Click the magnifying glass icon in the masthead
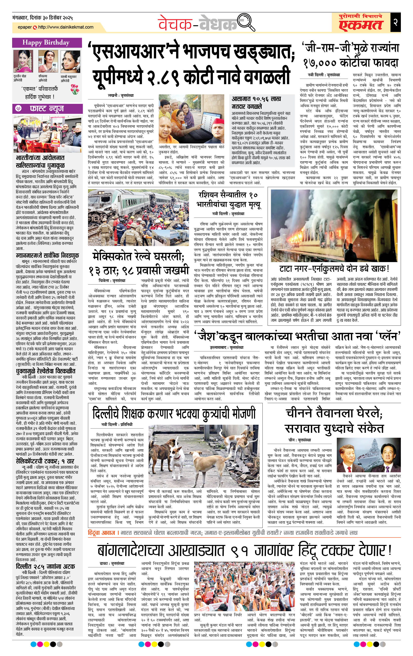point(246,23)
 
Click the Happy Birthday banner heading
point(46,43)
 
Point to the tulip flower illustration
point(74,89)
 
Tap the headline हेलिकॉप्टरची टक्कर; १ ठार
point(45,461)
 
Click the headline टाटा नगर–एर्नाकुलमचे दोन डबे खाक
point(334,269)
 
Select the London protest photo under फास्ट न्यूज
point(47,134)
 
